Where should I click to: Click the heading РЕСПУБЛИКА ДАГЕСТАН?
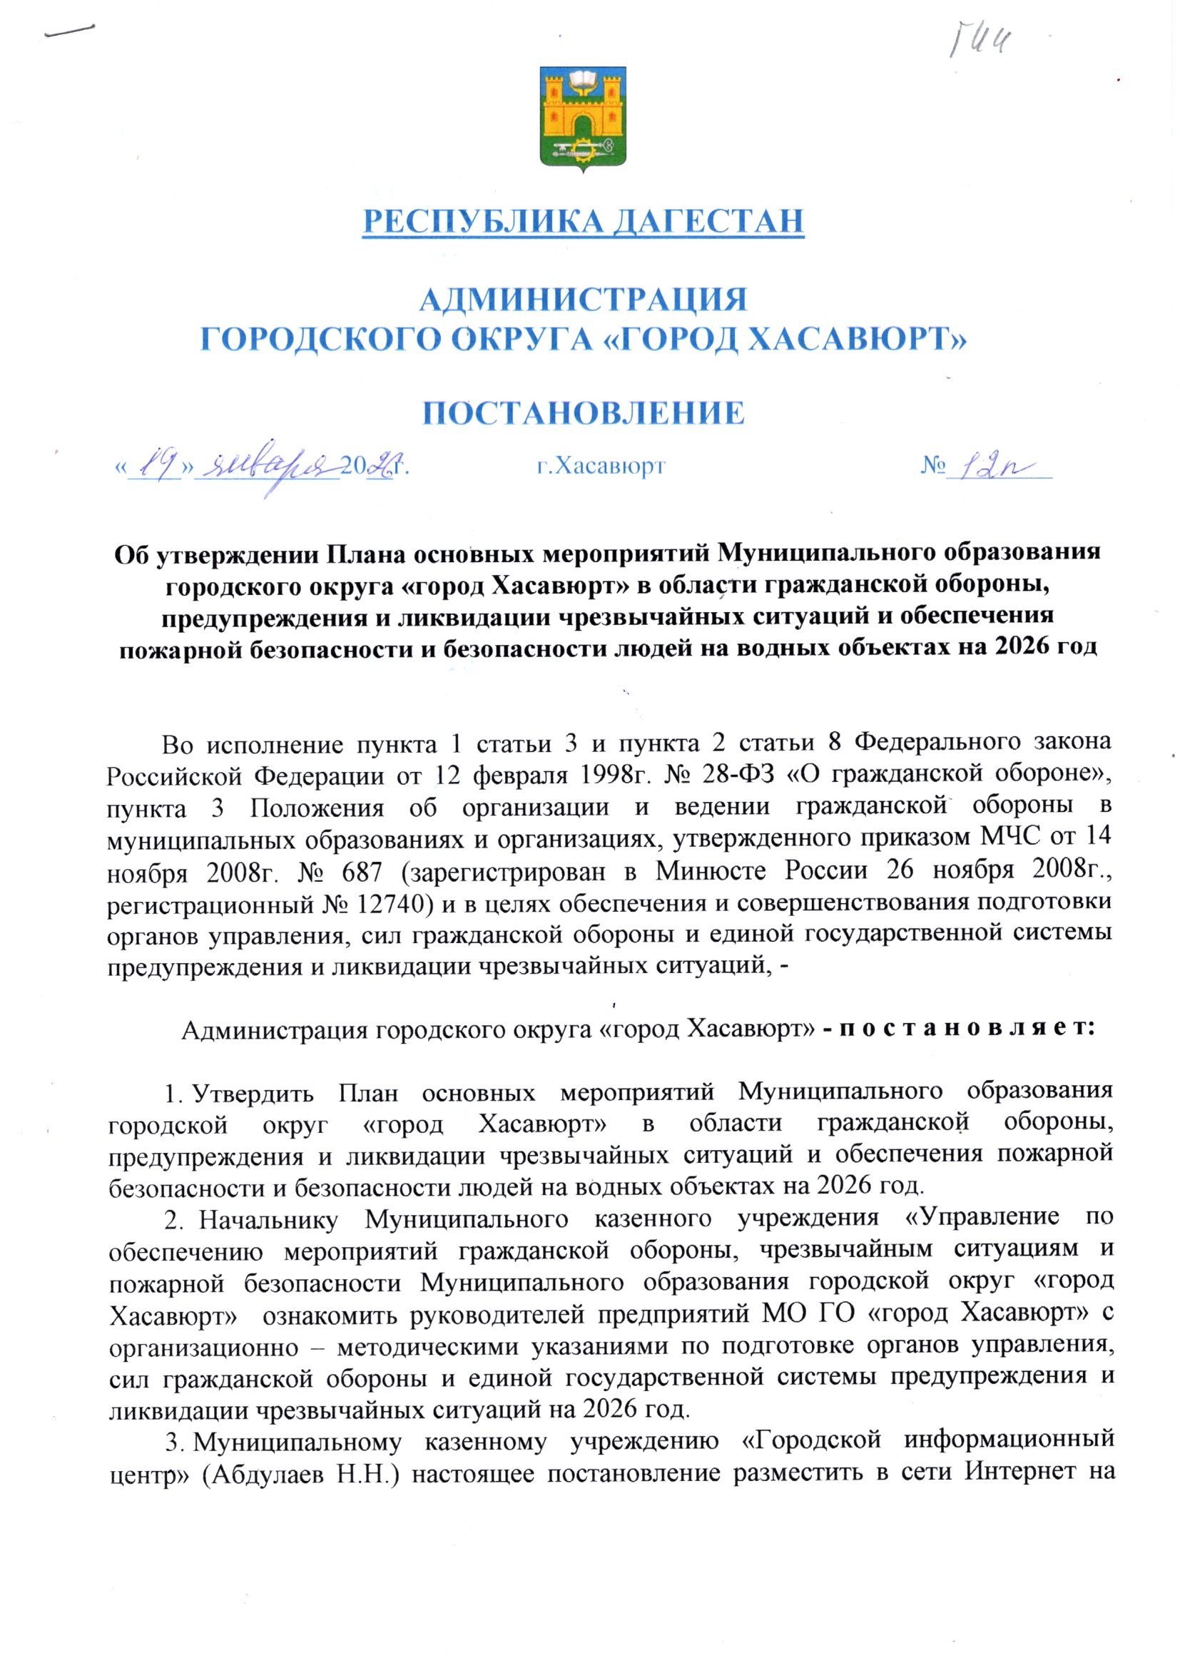(584, 221)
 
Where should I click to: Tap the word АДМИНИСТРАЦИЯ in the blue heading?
(584, 300)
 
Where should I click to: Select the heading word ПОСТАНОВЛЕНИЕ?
(584, 412)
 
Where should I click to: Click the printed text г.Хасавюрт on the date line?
(600, 465)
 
